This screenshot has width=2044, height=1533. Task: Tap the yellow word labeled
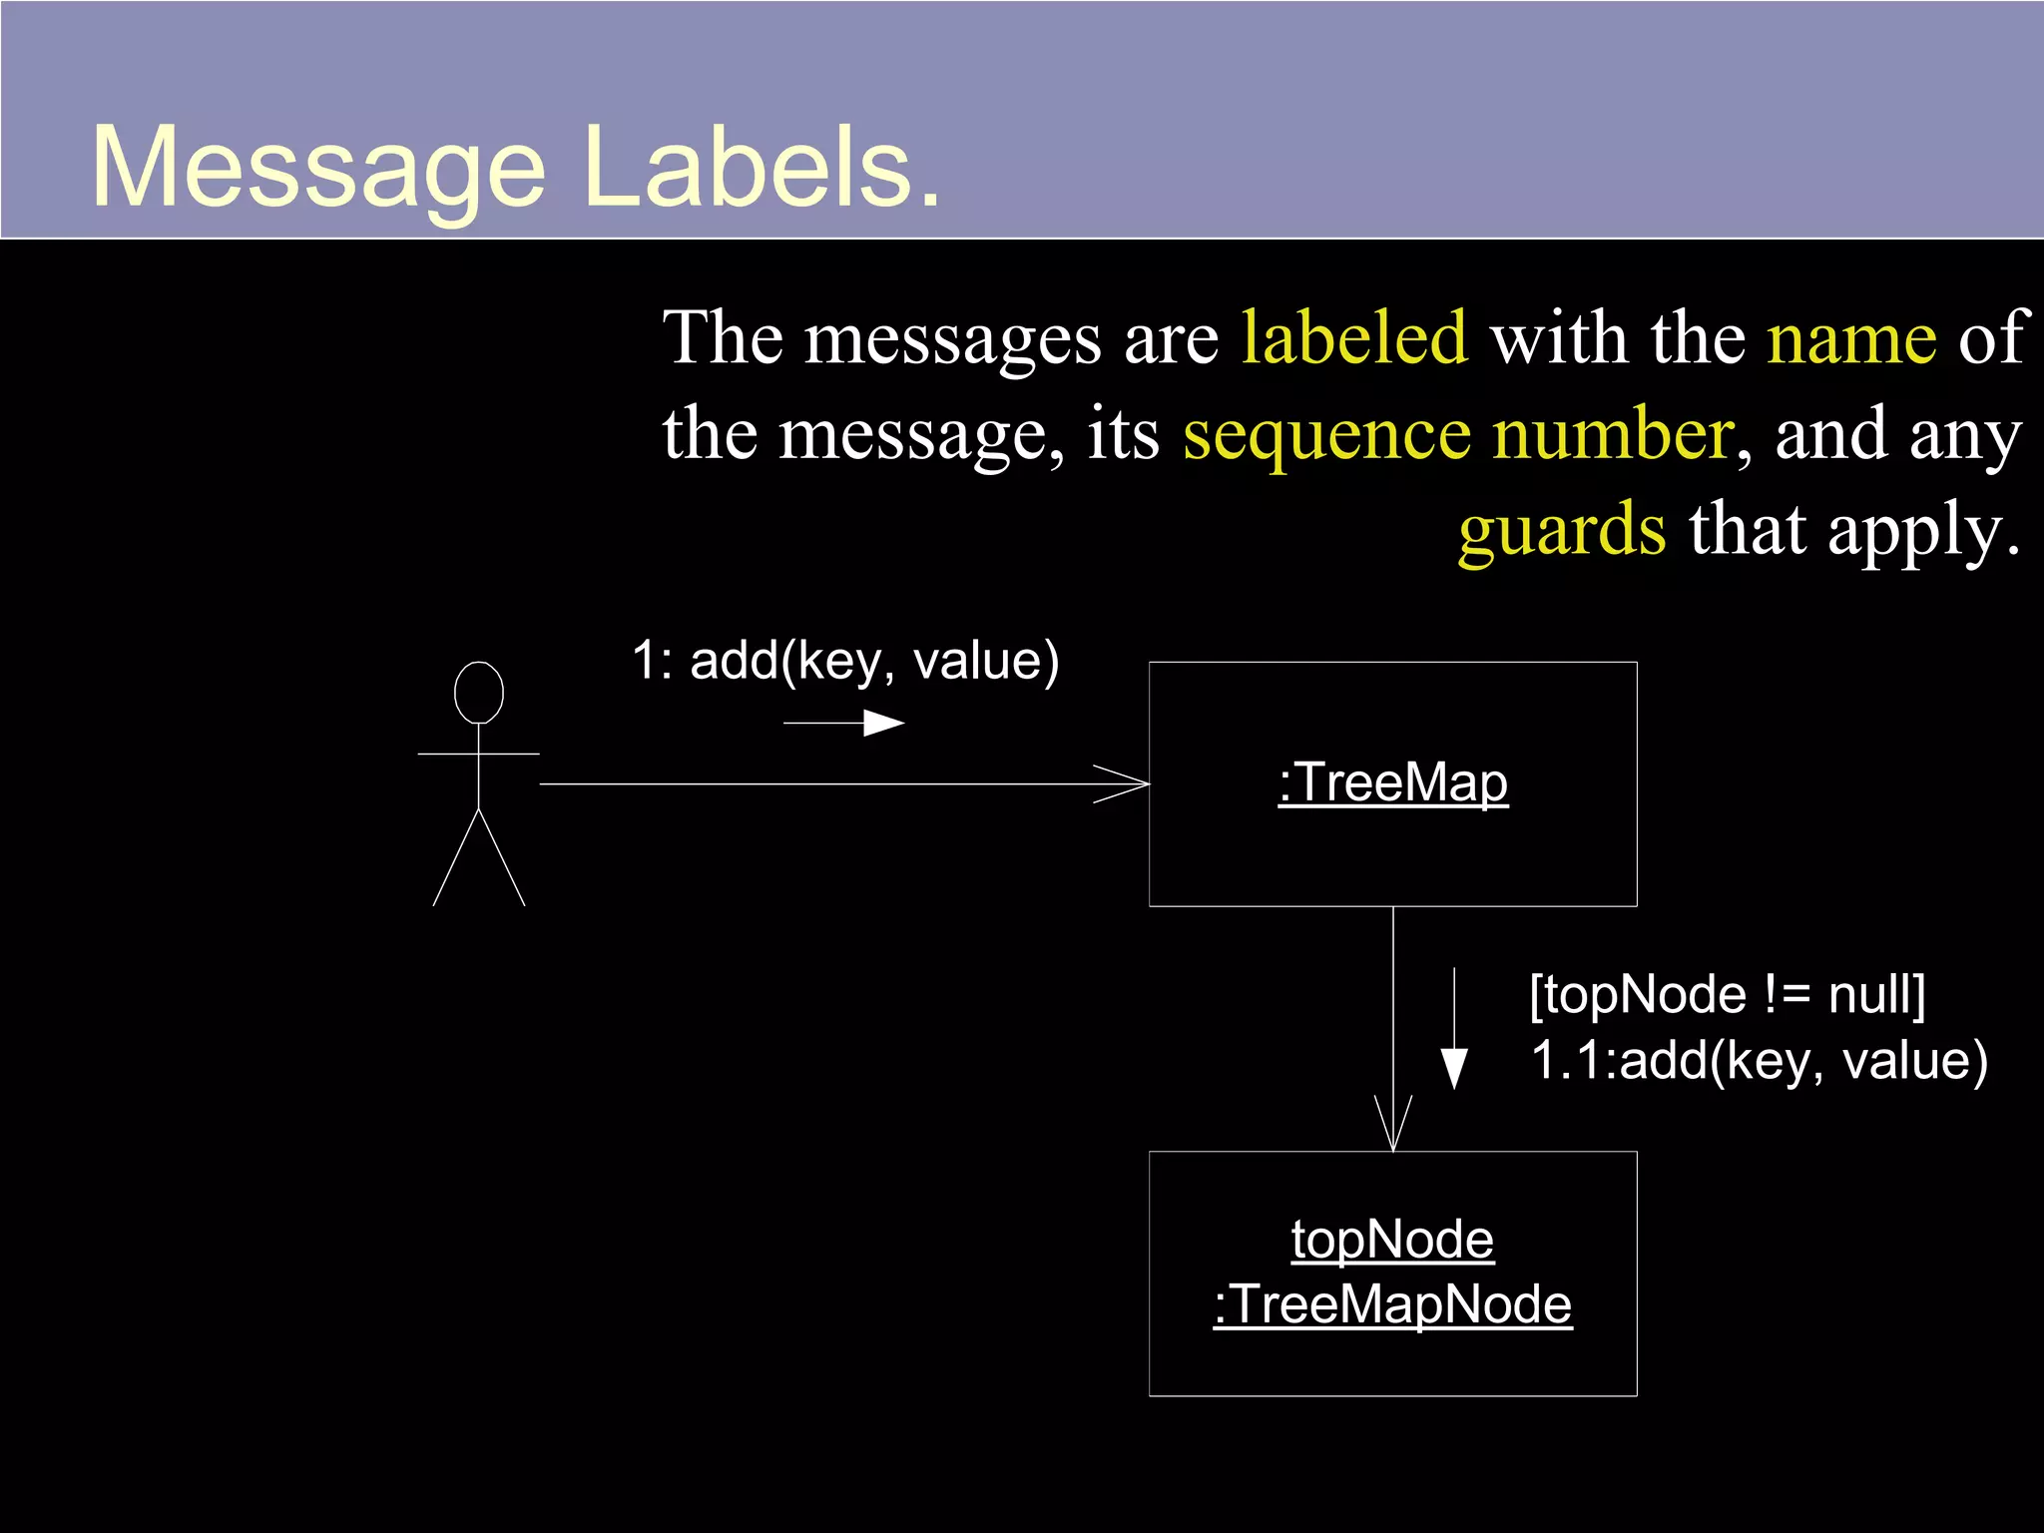point(1354,337)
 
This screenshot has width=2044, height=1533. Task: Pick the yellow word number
point(1613,433)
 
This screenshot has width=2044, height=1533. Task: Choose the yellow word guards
point(1562,530)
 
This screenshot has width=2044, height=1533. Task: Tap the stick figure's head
point(479,692)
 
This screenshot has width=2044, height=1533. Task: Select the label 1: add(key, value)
point(845,661)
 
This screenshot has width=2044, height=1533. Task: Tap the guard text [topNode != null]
point(1728,994)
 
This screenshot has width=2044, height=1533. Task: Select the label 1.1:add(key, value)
point(1760,1060)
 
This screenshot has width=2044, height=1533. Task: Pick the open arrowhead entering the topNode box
point(1393,1126)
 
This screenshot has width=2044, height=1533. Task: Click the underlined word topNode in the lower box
point(1393,1240)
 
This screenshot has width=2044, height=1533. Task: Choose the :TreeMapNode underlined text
point(1393,1304)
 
